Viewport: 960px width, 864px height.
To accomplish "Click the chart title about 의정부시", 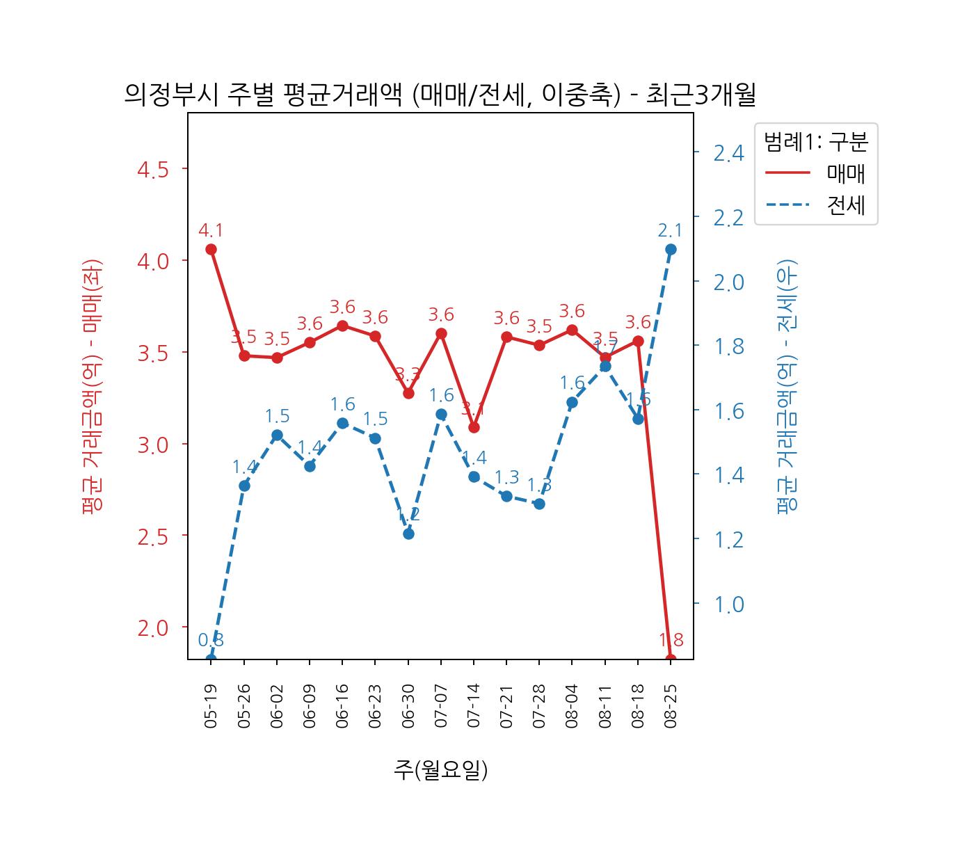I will click(440, 94).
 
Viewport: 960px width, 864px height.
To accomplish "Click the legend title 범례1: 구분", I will click(815, 142).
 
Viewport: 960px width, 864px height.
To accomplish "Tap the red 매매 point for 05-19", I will click(211, 249).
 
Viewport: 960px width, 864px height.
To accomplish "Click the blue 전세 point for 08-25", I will click(671, 249).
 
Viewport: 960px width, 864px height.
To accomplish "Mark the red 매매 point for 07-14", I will click(474, 427).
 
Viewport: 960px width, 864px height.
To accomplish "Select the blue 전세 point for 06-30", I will click(408, 534).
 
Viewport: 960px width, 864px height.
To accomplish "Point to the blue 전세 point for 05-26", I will click(244, 486).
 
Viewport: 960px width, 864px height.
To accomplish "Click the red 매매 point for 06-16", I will click(342, 326).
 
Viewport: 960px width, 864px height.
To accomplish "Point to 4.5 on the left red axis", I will click(152, 170).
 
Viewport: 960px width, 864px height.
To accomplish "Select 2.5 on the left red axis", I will click(152, 536).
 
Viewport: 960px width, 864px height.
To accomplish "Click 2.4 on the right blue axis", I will click(728, 152).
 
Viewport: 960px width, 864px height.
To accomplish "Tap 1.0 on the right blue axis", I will click(728, 604).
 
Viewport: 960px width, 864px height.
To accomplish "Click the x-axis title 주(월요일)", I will click(440, 769).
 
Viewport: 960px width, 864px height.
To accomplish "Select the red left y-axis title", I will click(93, 386).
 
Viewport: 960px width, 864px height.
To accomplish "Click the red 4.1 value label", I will click(211, 230).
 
